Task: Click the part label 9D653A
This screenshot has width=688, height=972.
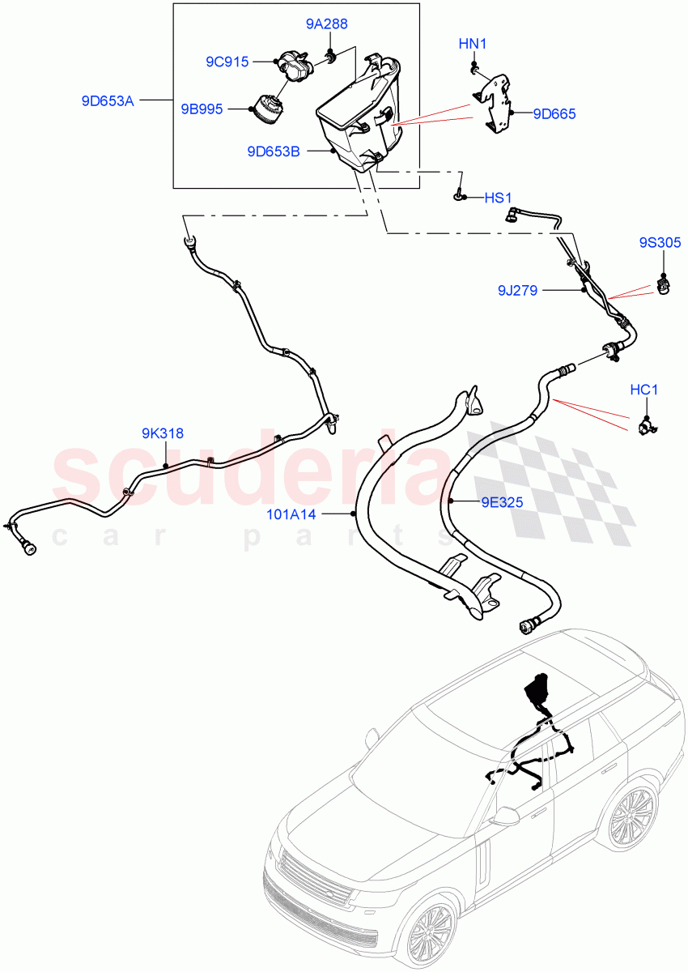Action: click(108, 101)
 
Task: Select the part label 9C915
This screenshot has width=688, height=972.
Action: click(227, 61)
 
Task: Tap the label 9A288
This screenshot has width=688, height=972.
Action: click(327, 24)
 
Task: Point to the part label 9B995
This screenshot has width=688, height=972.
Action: click(201, 109)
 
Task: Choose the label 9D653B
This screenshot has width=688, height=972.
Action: click(274, 151)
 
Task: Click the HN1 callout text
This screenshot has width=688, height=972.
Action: click(473, 44)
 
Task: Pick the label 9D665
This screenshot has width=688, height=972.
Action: click(554, 114)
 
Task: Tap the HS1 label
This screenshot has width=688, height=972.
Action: click(499, 197)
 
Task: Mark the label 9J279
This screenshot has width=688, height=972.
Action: click(517, 289)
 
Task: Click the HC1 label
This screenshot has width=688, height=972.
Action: click(643, 390)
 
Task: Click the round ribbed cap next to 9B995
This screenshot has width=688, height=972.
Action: click(267, 108)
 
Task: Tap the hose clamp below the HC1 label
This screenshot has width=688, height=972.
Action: click(648, 424)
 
